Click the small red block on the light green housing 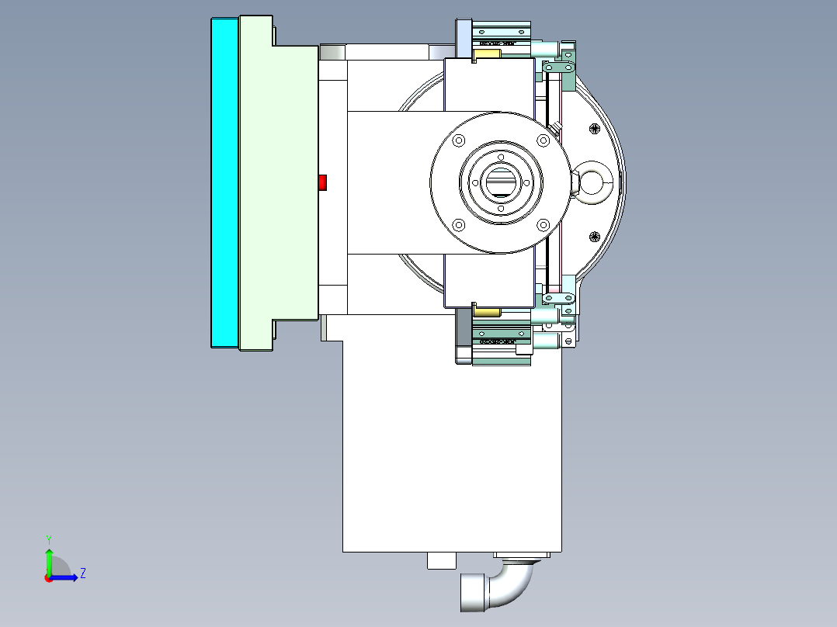point(323,182)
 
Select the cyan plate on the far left point(224,182)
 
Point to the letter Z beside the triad point(82,574)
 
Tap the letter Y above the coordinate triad point(48,539)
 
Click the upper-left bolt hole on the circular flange point(458,140)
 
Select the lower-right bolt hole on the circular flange point(544,225)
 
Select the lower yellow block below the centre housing point(487,312)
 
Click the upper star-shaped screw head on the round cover point(595,128)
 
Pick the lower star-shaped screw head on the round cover point(595,237)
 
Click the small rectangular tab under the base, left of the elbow point(441,560)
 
